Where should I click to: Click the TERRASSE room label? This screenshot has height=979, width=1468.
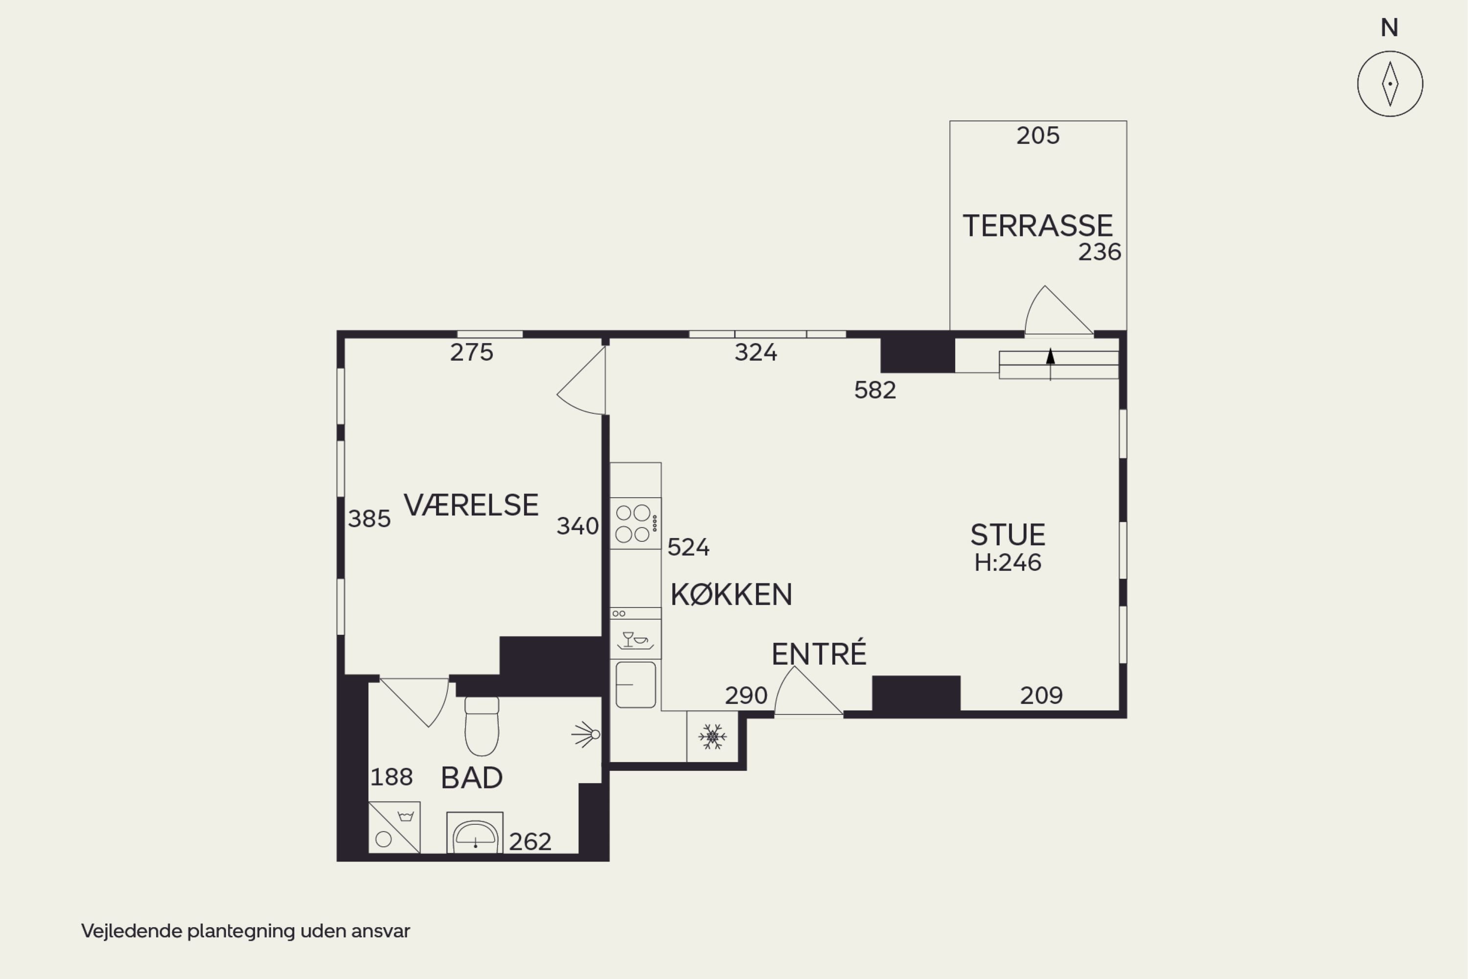tap(1037, 225)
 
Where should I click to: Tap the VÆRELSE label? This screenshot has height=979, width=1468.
tap(471, 505)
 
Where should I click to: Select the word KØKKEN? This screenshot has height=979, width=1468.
tap(732, 594)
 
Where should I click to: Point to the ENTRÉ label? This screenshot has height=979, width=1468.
tap(819, 653)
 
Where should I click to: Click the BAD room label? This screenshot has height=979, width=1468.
tap(472, 778)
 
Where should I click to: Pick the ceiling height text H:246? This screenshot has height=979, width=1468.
tap(1008, 562)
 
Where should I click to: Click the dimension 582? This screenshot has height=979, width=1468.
tap(875, 390)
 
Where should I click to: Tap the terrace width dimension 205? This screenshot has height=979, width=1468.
tap(1038, 136)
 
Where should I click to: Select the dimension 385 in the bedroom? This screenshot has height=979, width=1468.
tap(369, 519)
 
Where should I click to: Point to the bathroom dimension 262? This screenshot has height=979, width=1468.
tap(530, 841)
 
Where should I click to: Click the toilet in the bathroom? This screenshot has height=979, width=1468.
tap(482, 726)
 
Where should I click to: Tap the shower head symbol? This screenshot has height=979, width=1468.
tap(586, 734)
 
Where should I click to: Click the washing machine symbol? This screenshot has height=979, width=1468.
tap(394, 827)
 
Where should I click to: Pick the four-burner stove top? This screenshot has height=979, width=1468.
tap(635, 523)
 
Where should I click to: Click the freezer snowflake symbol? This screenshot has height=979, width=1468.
tap(712, 737)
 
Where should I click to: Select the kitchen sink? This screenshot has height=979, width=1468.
tap(635, 685)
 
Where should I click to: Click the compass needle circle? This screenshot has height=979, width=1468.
tap(1390, 84)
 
